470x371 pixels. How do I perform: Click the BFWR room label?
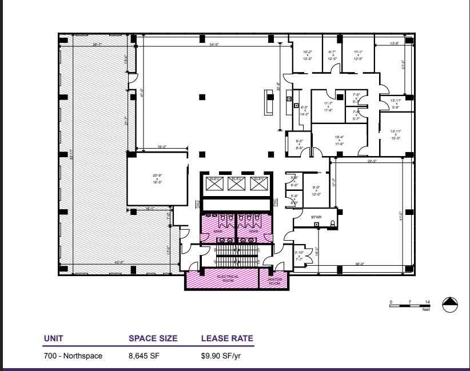316,217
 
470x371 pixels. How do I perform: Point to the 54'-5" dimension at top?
215,44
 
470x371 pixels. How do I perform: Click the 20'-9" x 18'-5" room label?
157,178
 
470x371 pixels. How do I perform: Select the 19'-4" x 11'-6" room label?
339,140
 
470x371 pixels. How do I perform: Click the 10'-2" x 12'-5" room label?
308,55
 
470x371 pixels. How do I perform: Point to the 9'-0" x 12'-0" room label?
316,190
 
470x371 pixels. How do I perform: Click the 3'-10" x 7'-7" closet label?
298,255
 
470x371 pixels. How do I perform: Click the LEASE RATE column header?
227,338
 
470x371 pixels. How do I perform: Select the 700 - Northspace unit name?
73,356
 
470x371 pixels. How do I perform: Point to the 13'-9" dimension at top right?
393,44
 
